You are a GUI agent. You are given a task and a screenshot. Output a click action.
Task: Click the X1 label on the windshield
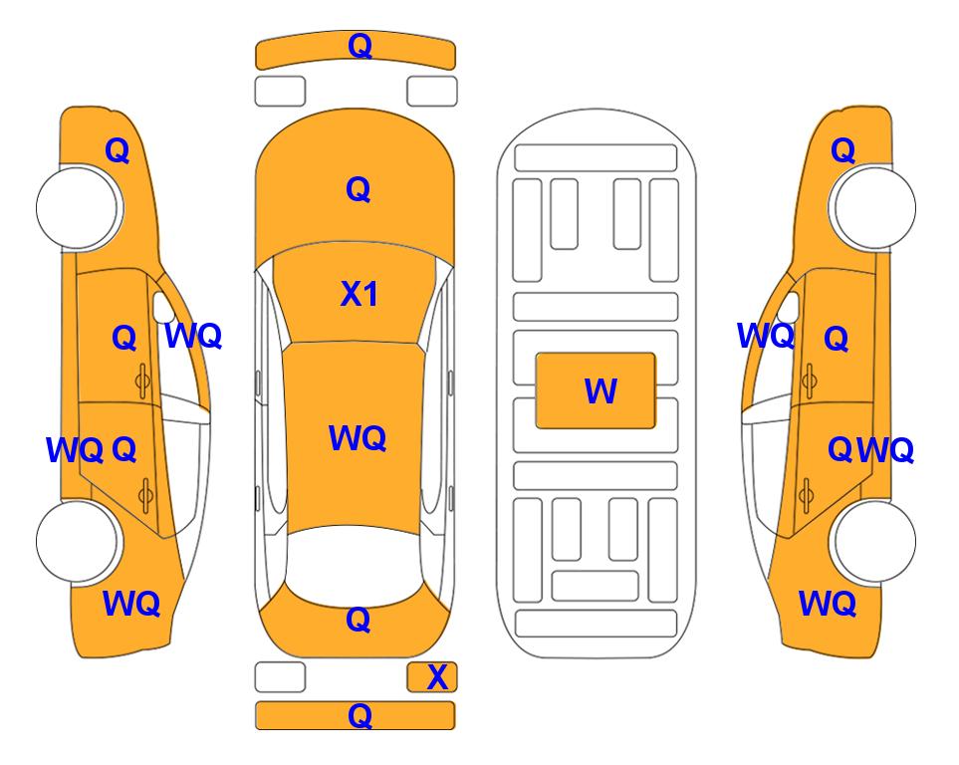pyautogui.click(x=360, y=294)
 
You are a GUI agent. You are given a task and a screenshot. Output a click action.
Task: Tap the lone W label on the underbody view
pyautogui.click(x=600, y=390)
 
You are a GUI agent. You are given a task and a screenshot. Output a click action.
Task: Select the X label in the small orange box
pyautogui.click(x=437, y=677)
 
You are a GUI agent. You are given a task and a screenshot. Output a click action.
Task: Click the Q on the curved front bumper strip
pyautogui.click(x=360, y=46)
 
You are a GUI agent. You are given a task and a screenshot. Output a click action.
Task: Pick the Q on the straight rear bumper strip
pyautogui.click(x=360, y=715)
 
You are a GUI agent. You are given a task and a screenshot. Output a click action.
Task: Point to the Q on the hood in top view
pyautogui.click(x=359, y=189)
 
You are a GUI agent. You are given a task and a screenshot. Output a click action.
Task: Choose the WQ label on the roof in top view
pyautogui.click(x=358, y=437)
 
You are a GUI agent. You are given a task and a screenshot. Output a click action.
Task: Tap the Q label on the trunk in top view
pyautogui.click(x=359, y=620)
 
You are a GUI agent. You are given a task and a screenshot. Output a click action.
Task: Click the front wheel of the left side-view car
pyautogui.click(x=78, y=207)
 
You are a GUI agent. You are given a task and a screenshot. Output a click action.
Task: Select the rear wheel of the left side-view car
pyautogui.click(x=78, y=541)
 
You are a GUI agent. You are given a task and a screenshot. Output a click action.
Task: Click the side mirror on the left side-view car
pyautogui.click(x=162, y=307)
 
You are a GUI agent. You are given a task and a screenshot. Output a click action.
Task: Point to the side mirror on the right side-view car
pyautogui.click(x=790, y=307)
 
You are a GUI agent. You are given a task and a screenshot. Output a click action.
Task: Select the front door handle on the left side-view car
pyautogui.click(x=142, y=381)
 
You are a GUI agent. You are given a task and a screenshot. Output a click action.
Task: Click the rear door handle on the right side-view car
pyautogui.click(x=808, y=495)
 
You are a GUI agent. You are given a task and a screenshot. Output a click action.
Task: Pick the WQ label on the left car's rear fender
pyautogui.click(x=131, y=604)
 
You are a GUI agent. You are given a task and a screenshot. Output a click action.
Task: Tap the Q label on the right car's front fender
pyautogui.click(x=842, y=150)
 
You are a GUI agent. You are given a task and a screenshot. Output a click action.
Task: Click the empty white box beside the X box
pyautogui.click(x=280, y=677)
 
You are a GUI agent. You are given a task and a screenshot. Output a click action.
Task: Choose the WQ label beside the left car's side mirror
pyautogui.click(x=193, y=336)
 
